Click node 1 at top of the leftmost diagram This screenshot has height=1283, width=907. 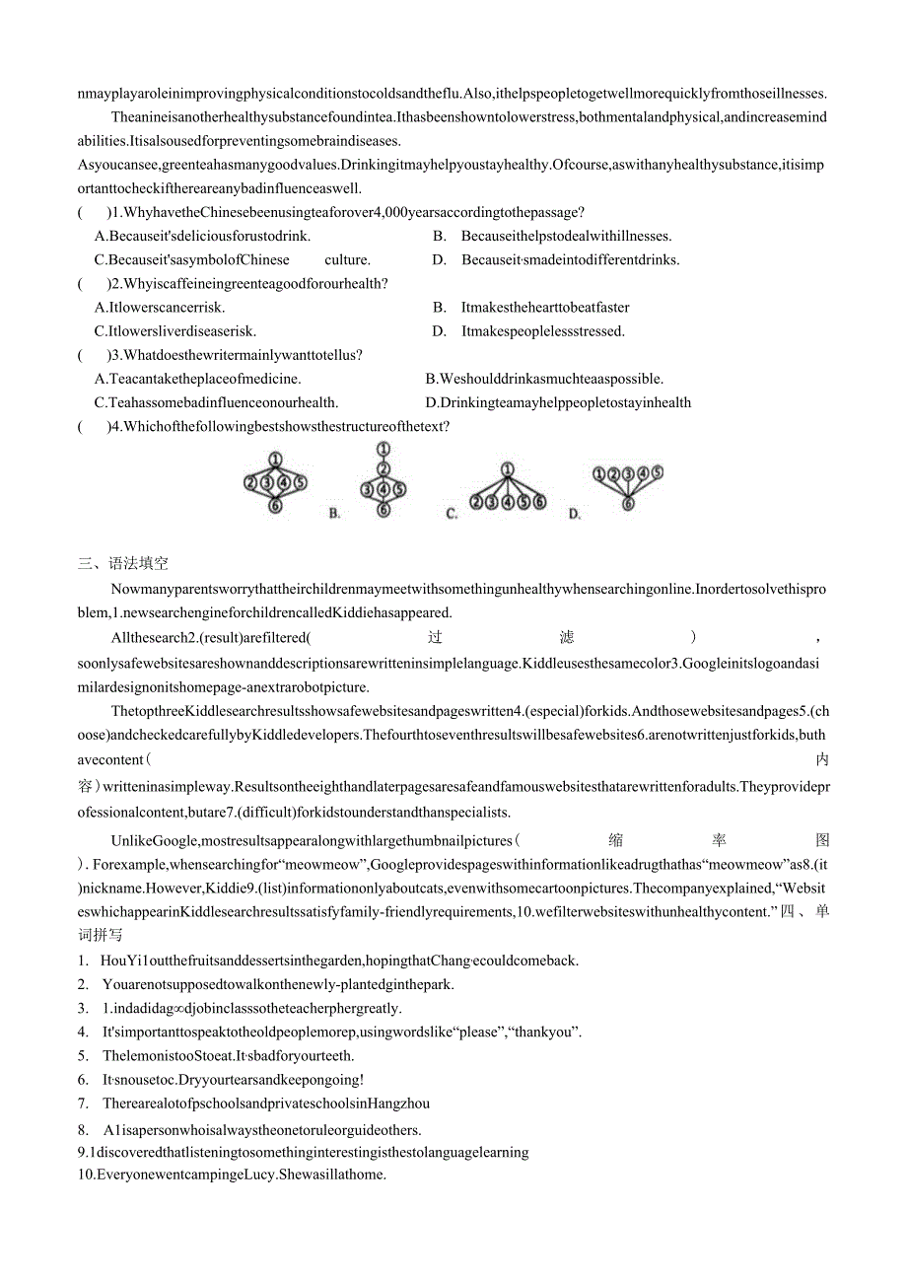(275, 459)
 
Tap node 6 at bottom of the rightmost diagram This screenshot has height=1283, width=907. (627, 503)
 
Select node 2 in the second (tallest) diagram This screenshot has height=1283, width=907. (384, 469)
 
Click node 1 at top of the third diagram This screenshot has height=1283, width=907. (507, 469)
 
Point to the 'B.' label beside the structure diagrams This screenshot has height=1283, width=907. (334, 513)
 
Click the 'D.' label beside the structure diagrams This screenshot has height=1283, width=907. (575, 514)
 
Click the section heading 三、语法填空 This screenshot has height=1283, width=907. (123, 564)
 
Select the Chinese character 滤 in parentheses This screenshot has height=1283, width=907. (566, 637)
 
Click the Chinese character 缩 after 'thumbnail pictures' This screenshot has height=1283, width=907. (615, 840)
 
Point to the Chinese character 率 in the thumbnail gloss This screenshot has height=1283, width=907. (719, 840)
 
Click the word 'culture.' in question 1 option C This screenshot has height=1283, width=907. (347, 260)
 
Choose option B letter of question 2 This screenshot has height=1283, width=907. (440, 308)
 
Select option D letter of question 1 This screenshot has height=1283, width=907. (440, 260)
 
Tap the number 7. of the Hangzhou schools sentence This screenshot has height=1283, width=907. (83, 1104)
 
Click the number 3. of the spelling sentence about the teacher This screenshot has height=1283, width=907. (83, 1008)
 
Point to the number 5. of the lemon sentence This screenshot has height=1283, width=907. (83, 1056)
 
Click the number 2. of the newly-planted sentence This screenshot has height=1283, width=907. (83, 984)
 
